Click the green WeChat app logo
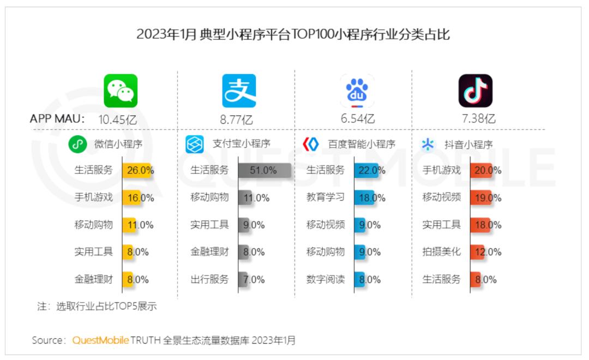[121, 91]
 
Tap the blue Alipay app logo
[239, 91]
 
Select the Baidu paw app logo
[357, 91]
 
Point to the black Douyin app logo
[475, 91]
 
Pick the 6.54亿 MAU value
[358, 119]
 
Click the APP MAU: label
[57, 118]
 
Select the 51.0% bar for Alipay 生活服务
[264, 170]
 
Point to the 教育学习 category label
[326, 197]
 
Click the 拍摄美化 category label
[441, 252]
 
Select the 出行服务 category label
[209, 279]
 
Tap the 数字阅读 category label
[326, 279]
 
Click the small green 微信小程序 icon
[77, 145]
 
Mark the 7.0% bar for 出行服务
[243, 279]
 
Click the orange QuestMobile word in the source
[100, 340]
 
